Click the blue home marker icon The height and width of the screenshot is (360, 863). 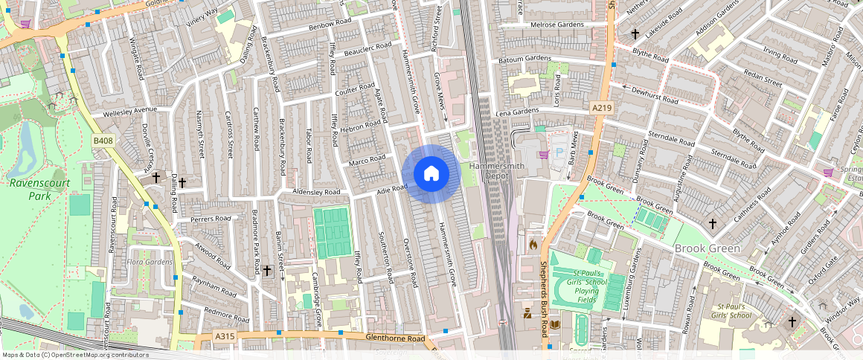click(x=431, y=174)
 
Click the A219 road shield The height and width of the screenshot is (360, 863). click(x=601, y=109)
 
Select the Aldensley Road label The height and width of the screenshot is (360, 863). click(x=315, y=193)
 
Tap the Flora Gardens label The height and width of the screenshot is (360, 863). click(x=150, y=262)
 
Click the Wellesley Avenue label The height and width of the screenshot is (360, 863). click(x=130, y=110)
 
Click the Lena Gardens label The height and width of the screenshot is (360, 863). click(x=516, y=111)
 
